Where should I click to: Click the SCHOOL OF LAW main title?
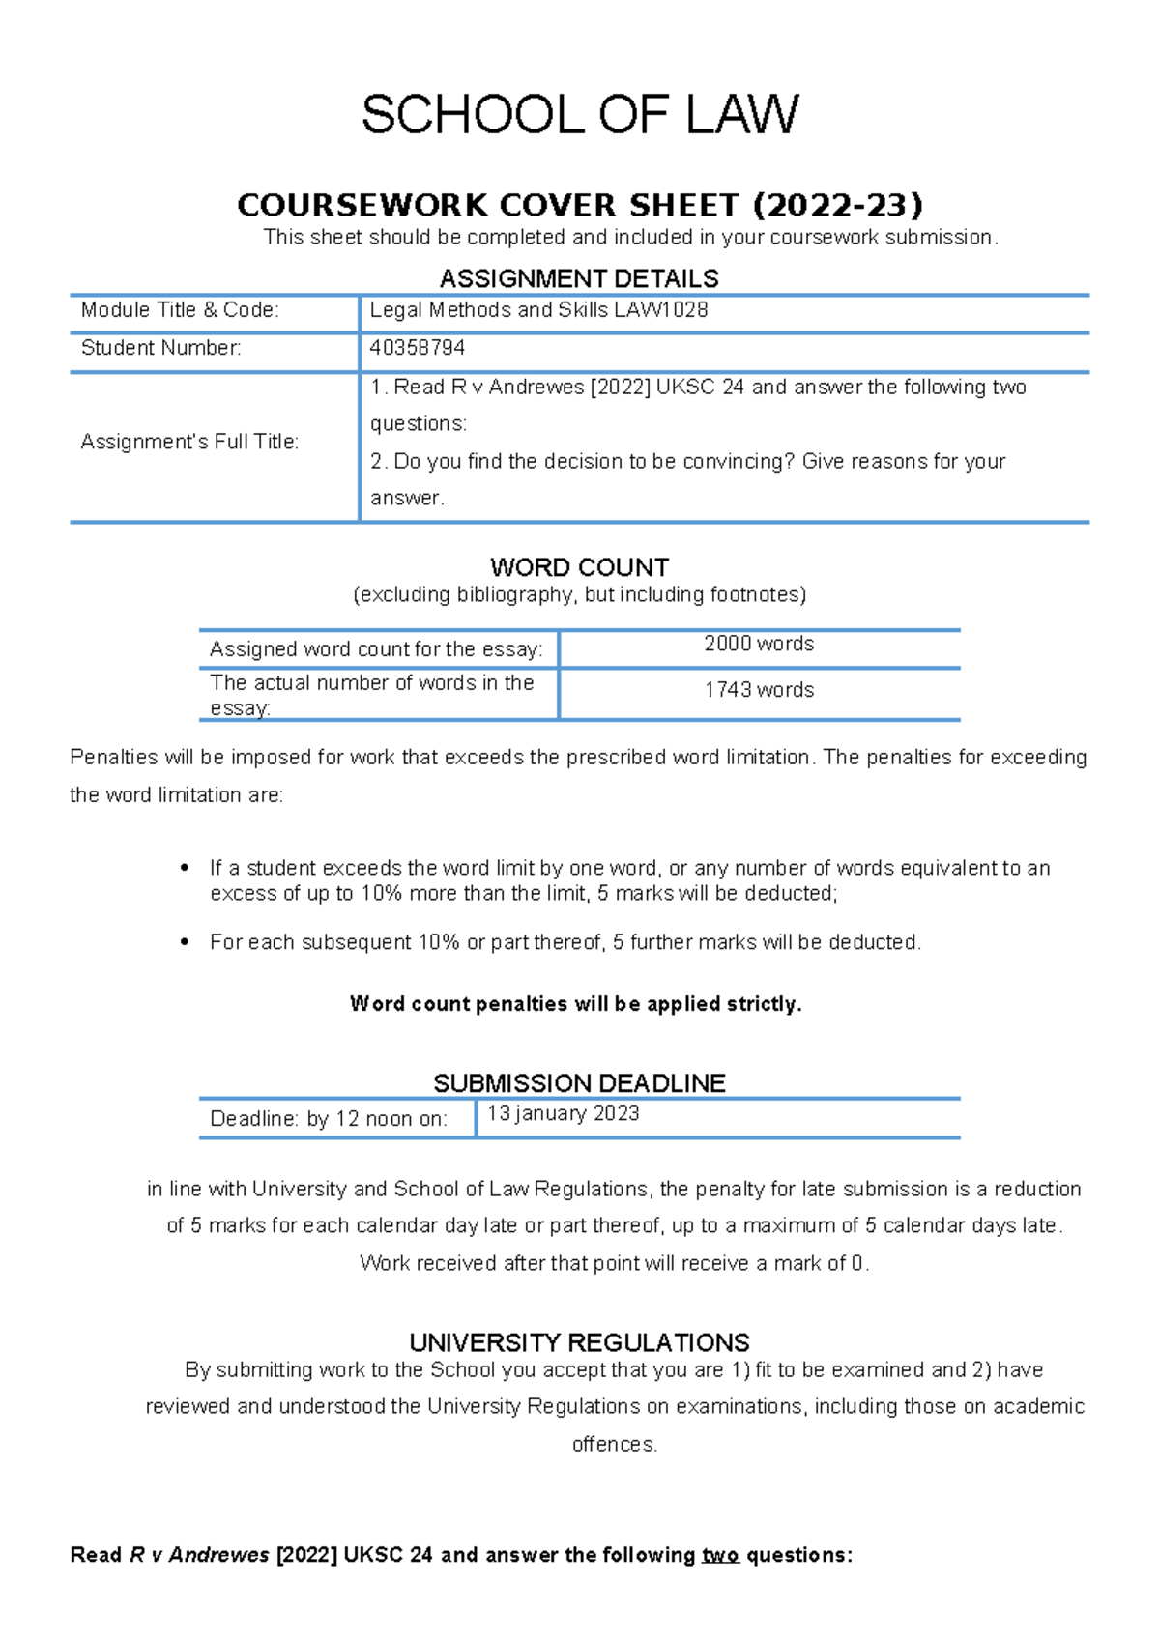[x=580, y=115]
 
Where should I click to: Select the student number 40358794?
[x=418, y=348]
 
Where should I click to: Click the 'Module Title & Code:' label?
[x=180, y=310]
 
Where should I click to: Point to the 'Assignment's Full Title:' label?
[x=189, y=443]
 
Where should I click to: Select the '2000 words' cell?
[x=759, y=644]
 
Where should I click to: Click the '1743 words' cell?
[x=759, y=690]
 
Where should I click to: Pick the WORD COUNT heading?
[x=579, y=567]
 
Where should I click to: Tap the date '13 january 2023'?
[x=563, y=1113]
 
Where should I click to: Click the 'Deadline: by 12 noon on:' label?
[x=329, y=1119]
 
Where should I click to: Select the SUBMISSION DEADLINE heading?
[x=579, y=1083]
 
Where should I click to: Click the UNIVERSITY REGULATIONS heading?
[x=579, y=1342]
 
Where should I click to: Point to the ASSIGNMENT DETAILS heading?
[x=579, y=279]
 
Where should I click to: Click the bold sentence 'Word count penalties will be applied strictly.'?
[x=576, y=1004]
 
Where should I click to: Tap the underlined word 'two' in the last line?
[x=720, y=1555]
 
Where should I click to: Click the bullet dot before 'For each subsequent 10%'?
[x=185, y=942]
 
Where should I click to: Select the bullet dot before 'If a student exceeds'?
[x=185, y=868]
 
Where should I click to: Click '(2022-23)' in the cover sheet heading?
[x=837, y=205]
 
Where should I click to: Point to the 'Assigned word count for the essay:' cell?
[x=376, y=649]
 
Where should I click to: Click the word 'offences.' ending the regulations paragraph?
[x=615, y=1444]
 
